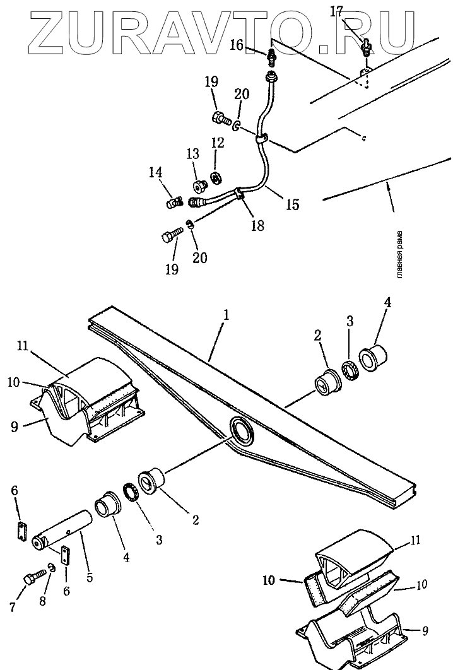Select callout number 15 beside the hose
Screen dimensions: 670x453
pos(291,204)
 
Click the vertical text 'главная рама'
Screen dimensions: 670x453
pos(400,253)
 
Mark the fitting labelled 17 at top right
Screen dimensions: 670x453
pos(365,47)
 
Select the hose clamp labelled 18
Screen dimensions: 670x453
pos(239,193)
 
